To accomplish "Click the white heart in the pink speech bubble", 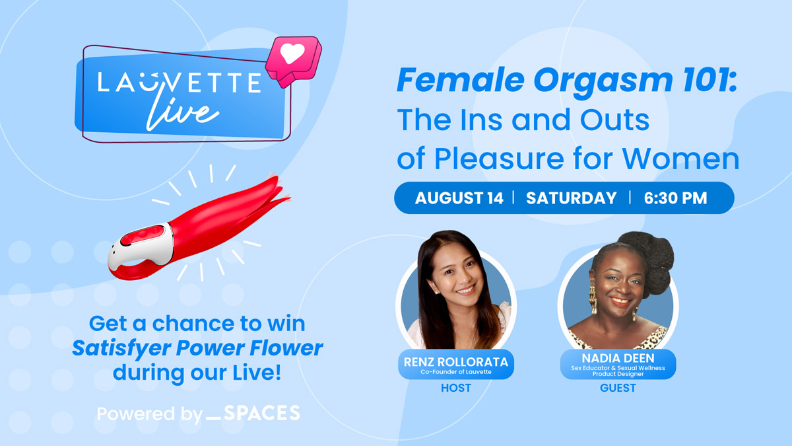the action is click(292, 54).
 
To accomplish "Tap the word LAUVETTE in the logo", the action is click(180, 83).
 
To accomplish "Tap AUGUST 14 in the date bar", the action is click(459, 198).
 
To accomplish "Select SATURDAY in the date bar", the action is click(571, 198).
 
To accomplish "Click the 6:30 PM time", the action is click(675, 198).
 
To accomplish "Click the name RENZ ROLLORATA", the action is click(456, 362).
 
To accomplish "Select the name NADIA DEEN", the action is click(618, 358).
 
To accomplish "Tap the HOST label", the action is click(456, 388).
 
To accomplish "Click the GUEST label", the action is click(618, 388).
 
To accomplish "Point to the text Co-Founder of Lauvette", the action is click(456, 371).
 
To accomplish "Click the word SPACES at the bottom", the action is click(261, 413).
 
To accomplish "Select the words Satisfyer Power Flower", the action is click(197, 348).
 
